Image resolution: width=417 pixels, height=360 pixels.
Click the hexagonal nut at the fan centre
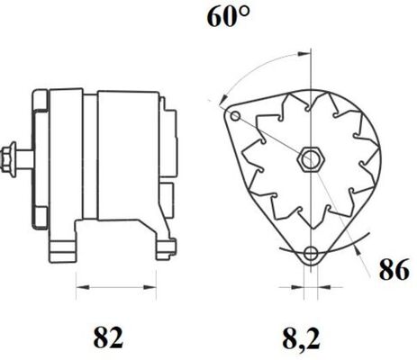click(x=310, y=160)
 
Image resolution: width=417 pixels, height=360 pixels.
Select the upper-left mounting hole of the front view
click(x=236, y=117)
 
